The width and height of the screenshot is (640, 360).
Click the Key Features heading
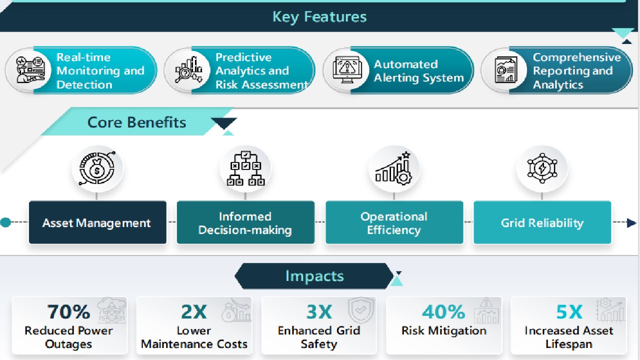[x=319, y=17]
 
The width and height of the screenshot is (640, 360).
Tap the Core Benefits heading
[x=136, y=122]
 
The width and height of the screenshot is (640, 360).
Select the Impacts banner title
[x=314, y=276]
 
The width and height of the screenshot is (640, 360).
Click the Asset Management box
[x=97, y=222]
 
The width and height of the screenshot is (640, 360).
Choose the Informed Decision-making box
[x=245, y=222]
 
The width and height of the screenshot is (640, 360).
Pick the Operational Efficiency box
[x=394, y=222]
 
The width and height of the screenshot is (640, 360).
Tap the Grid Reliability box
[x=542, y=222]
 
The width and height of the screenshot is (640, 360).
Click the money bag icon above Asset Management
[x=97, y=168]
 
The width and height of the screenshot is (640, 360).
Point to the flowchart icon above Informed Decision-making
[x=245, y=168]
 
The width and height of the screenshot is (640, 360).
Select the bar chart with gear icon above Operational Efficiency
[x=394, y=168]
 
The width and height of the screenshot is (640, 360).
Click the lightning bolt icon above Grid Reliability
[x=542, y=167]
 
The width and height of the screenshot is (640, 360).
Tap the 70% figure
[x=68, y=311]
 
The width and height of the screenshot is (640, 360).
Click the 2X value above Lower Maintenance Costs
[x=194, y=311]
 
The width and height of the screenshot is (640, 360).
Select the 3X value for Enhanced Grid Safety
[x=319, y=311]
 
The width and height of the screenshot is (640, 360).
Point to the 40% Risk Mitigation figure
[x=443, y=311]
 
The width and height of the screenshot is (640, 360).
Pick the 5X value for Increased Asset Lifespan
[x=569, y=311]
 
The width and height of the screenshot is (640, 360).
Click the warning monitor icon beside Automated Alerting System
[x=347, y=70]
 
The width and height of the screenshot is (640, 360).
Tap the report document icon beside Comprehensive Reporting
[x=506, y=70]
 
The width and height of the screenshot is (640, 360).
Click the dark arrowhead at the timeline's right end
[x=631, y=223]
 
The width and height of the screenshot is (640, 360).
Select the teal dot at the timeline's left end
[x=5, y=222]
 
